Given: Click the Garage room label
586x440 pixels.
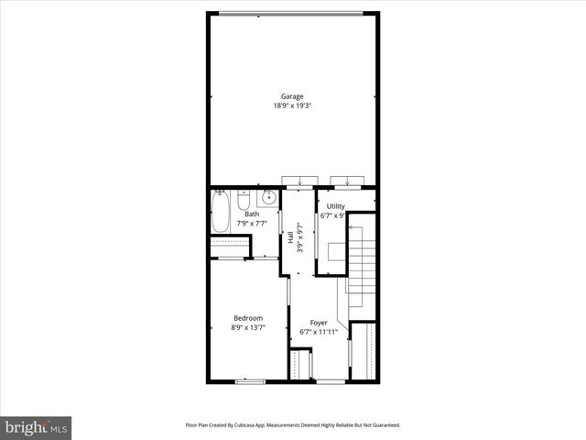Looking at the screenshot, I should tap(292, 96).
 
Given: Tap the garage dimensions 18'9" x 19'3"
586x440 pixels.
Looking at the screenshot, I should tap(292, 105).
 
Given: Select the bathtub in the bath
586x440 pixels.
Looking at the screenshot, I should tap(221, 214).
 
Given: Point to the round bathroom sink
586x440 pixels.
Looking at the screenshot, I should tap(269, 198).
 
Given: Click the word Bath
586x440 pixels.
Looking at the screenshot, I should tap(251, 214).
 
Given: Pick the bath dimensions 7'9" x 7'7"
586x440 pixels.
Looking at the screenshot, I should tap(252, 223).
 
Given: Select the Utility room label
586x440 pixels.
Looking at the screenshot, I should tap(335, 207).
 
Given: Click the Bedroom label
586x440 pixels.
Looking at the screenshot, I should tap(247, 318).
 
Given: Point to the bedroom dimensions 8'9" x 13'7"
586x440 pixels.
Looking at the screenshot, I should tap(247, 327).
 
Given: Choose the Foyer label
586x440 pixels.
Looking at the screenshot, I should tap(319, 323).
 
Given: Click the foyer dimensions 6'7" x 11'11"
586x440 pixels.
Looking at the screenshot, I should tap(319, 332).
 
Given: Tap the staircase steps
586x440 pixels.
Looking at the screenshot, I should tap(365, 266).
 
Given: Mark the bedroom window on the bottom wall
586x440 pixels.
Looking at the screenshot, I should tap(248, 380).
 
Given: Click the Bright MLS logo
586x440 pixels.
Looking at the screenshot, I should tap(36, 427).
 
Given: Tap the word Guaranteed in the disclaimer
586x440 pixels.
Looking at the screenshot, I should tap(384, 425).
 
